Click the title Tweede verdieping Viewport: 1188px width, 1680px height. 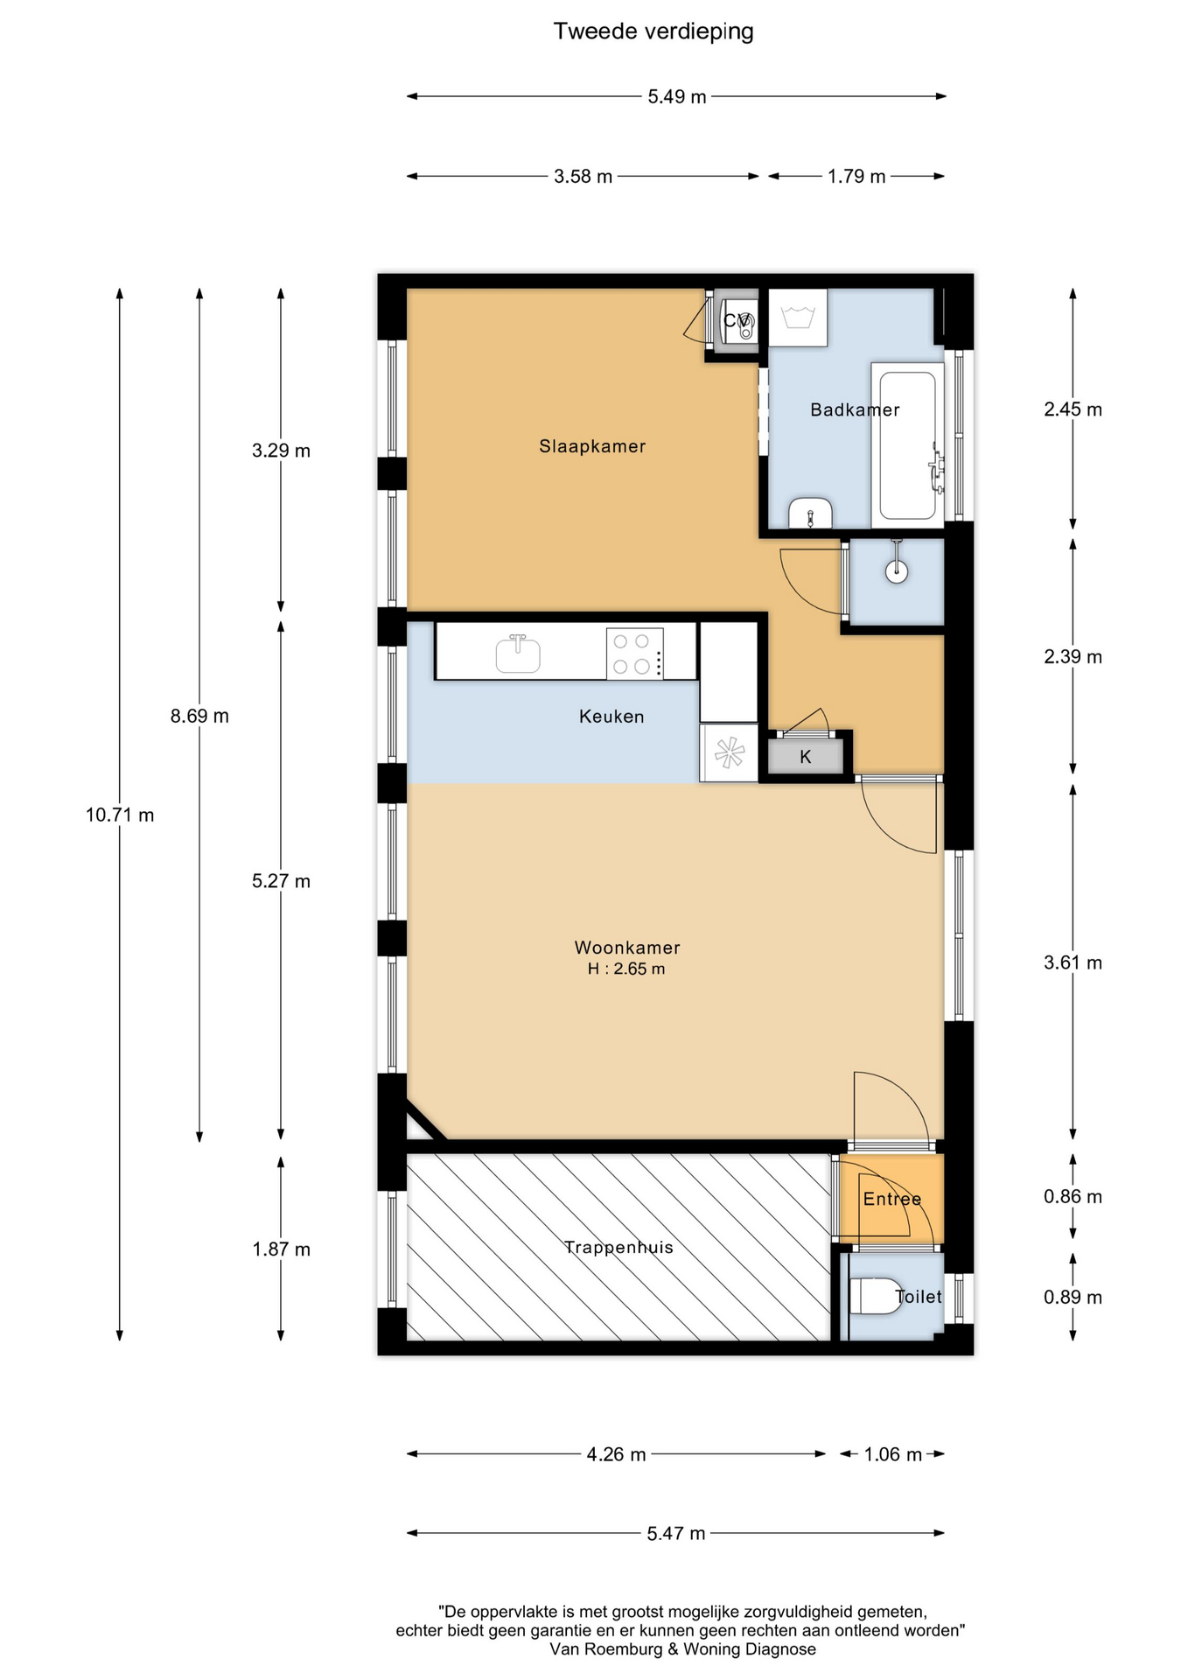653,31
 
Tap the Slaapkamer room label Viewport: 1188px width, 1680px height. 592,446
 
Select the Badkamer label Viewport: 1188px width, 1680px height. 855,409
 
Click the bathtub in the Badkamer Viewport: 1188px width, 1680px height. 907,445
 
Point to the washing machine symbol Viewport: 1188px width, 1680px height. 798,318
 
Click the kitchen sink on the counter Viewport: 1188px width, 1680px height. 518,654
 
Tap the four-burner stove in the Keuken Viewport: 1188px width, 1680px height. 634,654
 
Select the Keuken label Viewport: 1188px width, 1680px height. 611,717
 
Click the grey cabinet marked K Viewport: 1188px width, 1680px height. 806,756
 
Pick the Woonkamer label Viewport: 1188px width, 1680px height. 627,948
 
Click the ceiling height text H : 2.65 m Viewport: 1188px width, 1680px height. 626,969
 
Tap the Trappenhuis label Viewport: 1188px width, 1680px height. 618,1247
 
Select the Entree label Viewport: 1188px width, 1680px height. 892,1199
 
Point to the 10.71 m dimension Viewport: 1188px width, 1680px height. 120,815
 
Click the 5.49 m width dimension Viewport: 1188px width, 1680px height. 677,96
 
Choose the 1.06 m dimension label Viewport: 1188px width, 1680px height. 893,1454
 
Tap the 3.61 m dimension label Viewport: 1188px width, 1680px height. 1073,962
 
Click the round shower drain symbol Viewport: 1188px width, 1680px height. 897,571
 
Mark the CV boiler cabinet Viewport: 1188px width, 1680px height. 736,321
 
